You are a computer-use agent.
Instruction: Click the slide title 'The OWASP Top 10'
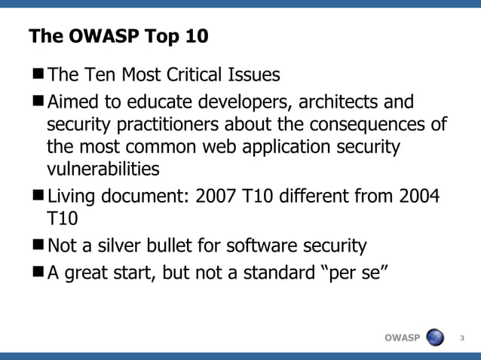(118, 36)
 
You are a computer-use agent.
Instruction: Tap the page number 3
(462, 337)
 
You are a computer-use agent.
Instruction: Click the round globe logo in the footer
(437, 337)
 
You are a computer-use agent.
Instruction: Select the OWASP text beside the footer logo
(402, 337)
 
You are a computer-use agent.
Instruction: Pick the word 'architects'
(332, 101)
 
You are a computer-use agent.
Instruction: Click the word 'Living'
(72, 197)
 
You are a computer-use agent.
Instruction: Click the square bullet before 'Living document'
(38, 197)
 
